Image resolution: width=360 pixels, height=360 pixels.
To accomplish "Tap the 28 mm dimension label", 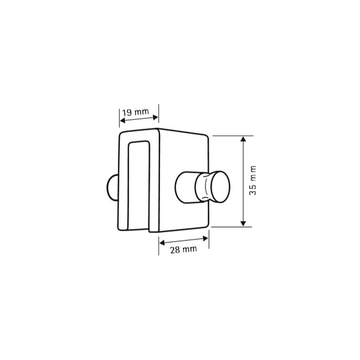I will tap(183, 249).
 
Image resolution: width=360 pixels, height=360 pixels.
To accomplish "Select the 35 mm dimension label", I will tap(253, 181).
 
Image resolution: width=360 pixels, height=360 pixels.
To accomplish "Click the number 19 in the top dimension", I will tap(127, 112).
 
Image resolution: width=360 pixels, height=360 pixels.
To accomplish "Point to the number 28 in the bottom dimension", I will tap(174, 249).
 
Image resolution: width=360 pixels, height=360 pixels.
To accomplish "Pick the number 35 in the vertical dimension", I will tap(253, 190).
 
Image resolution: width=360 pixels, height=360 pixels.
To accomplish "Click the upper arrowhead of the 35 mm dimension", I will tap(243, 140).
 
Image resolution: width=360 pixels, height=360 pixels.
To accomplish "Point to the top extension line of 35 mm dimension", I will tap(231, 136).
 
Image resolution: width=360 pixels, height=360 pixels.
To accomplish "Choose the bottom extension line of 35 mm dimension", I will tap(231, 227).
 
